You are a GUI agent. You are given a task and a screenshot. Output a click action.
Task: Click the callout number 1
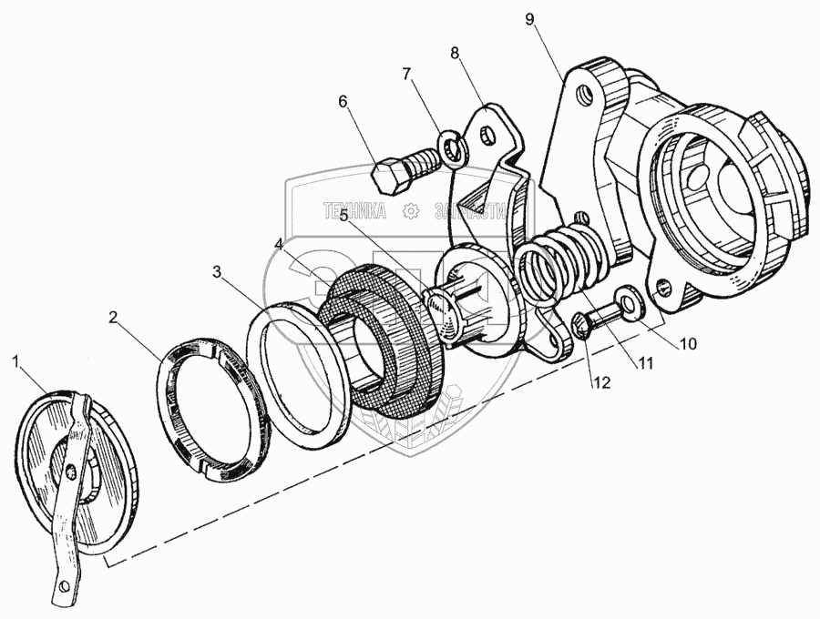tap(15, 361)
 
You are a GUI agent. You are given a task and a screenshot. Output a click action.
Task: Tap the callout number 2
tap(112, 318)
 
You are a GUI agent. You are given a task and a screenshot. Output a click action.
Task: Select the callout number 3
tap(216, 271)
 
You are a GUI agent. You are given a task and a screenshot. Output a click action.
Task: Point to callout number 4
tap(278, 245)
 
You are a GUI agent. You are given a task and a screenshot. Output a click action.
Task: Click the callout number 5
tap(343, 216)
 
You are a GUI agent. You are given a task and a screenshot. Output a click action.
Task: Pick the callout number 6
tap(343, 102)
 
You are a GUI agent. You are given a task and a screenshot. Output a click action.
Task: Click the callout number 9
tap(529, 19)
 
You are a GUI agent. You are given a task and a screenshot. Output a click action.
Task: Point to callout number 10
tap(687, 343)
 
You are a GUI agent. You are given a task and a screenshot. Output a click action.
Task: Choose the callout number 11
tap(645, 363)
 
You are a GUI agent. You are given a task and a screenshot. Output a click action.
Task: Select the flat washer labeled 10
tap(626, 300)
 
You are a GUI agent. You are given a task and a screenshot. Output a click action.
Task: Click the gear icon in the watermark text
tap(411, 212)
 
